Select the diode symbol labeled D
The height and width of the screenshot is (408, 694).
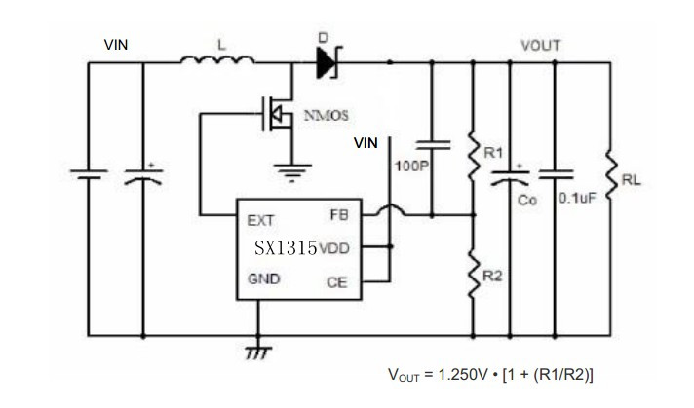326,64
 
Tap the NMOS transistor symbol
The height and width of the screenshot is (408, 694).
279,115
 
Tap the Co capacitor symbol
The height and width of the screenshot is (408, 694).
508,179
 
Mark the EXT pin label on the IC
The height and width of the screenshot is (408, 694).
260,218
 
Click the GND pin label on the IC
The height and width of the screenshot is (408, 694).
263,278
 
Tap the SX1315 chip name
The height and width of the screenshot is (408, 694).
287,248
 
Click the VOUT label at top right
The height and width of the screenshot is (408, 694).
541,45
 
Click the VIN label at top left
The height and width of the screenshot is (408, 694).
117,45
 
